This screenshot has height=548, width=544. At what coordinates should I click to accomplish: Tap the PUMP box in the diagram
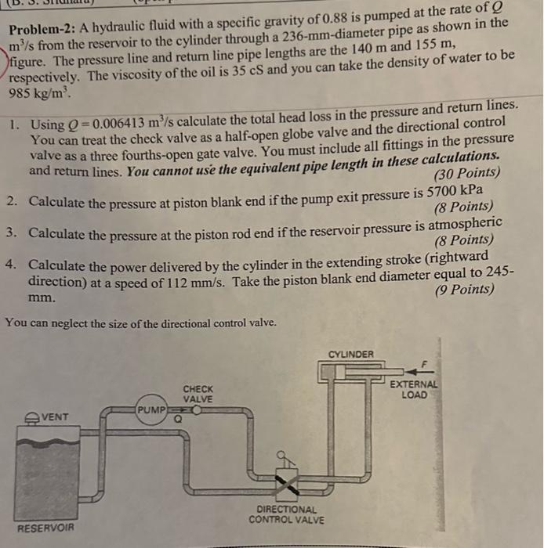[x=150, y=409]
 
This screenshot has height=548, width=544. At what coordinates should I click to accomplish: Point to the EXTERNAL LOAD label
[x=415, y=389]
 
